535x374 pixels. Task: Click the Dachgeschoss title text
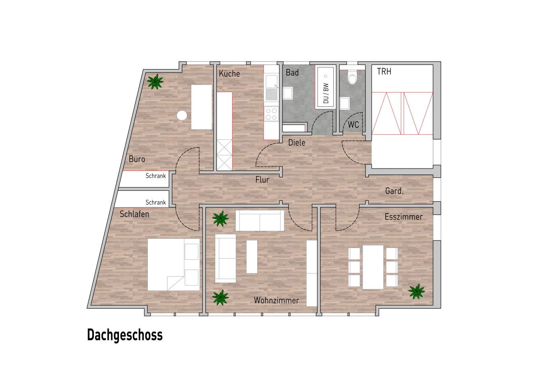(x=125, y=335)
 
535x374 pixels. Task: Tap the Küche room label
(x=229, y=74)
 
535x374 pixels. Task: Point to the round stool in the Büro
(x=182, y=115)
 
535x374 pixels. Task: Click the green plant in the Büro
(x=155, y=81)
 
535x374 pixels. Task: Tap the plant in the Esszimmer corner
(x=416, y=291)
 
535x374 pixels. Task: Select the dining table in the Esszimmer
(x=373, y=267)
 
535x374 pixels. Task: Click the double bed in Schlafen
(x=174, y=265)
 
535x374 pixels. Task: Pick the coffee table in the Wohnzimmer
(x=252, y=256)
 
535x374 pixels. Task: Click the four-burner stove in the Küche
(x=272, y=114)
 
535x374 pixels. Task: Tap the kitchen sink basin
(x=272, y=81)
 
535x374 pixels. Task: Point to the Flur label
(x=262, y=180)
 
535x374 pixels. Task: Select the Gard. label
(x=394, y=191)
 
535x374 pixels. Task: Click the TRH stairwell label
(x=384, y=72)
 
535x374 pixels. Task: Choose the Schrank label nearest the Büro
(x=156, y=176)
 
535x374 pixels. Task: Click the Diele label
(x=297, y=143)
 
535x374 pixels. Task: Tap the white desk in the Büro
(x=202, y=107)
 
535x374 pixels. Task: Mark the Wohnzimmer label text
(x=276, y=300)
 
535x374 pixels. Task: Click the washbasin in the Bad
(x=288, y=93)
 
